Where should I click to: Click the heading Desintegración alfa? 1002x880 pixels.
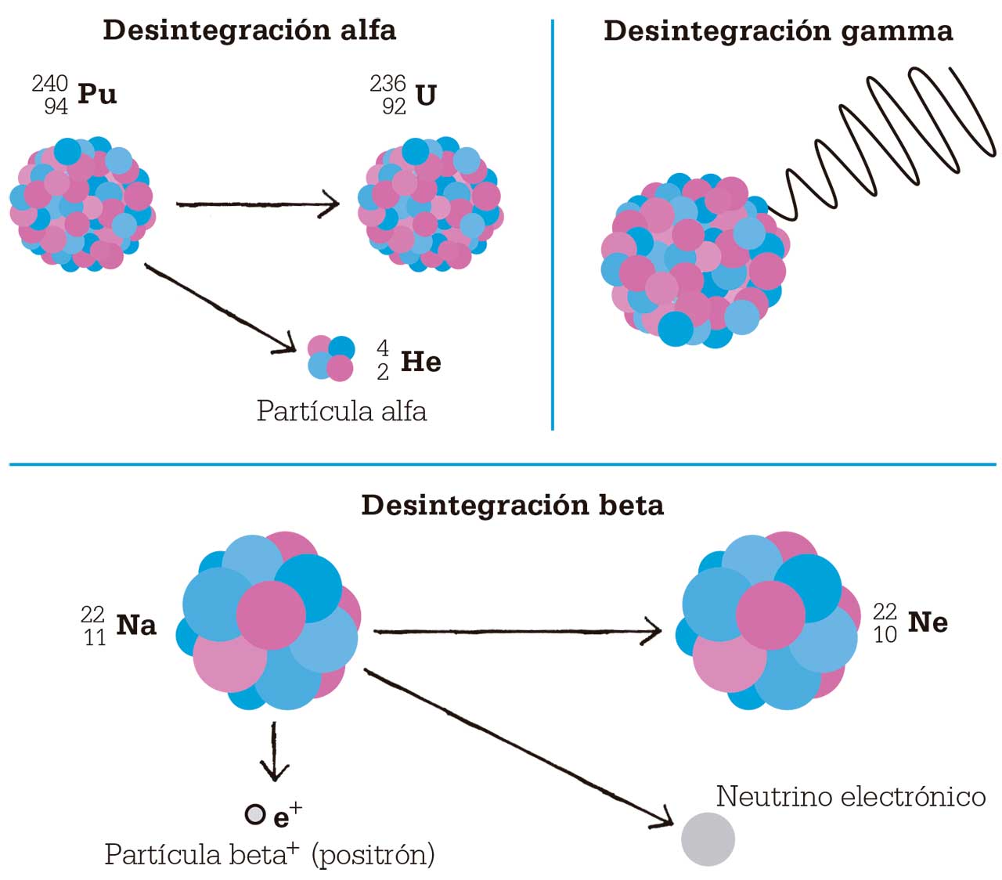[249, 30]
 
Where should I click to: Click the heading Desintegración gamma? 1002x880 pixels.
[778, 31]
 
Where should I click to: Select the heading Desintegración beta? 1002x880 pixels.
[512, 505]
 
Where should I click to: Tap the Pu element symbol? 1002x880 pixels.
[97, 94]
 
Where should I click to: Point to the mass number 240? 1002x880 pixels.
[50, 83]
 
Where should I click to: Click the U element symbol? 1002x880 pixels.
[426, 95]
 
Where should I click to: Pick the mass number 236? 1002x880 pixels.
[387, 83]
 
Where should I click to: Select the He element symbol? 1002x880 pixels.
[420, 362]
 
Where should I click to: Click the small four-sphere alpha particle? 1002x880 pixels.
[330, 358]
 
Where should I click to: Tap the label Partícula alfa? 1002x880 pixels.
[341, 411]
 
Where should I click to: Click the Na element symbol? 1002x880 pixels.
[136, 625]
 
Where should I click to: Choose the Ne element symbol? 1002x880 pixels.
[928, 622]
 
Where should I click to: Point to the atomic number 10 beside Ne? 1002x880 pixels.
[885, 635]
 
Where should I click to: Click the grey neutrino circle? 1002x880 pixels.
[708, 839]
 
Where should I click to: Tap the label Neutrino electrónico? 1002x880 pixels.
[850, 796]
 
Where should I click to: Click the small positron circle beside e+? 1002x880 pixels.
[255, 815]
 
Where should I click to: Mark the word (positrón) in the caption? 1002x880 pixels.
[373, 854]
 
